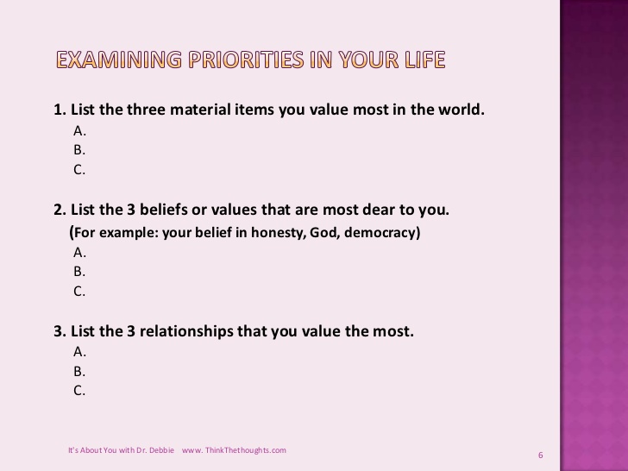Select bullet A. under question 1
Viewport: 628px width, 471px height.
coord(80,131)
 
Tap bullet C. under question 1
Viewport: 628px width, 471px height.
coord(80,170)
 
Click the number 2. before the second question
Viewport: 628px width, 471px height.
coord(60,210)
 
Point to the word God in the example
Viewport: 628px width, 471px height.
coord(318,233)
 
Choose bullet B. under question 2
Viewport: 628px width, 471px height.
coord(80,272)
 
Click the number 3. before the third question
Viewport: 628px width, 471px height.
coord(60,330)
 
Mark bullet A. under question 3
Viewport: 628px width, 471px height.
coord(80,352)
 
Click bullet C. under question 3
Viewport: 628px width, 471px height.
coord(80,391)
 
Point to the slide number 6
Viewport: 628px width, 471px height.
coord(540,455)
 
